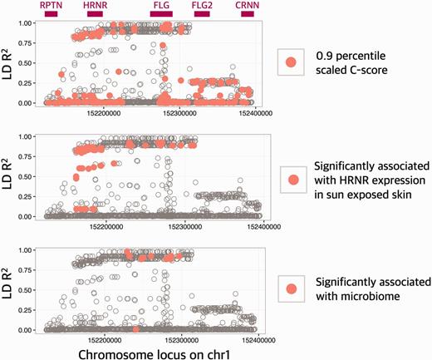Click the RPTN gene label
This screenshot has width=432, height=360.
click(x=51, y=5)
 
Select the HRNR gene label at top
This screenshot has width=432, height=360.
click(x=94, y=5)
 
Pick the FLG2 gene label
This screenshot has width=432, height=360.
click(x=201, y=5)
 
